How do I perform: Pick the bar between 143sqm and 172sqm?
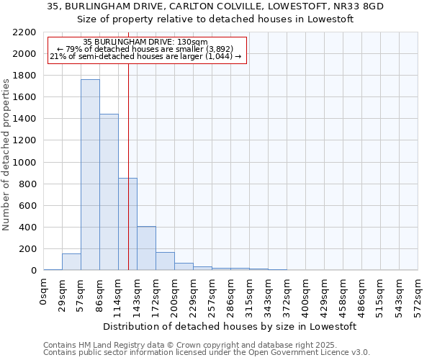tap(146, 248)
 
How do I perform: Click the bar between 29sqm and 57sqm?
tap(71, 262)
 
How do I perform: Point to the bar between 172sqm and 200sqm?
tap(165, 261)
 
